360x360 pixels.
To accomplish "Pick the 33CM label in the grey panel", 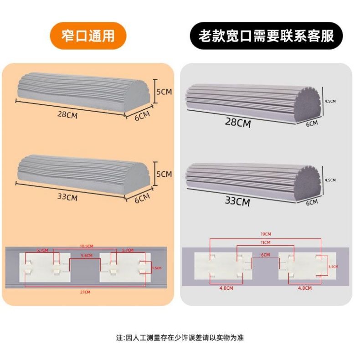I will (x=237, y=201).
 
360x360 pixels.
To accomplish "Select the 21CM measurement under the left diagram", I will (x=85, y=292).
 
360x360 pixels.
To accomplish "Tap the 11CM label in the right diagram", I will (x=266, y=242).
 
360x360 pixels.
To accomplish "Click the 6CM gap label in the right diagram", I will (x=266, y=255).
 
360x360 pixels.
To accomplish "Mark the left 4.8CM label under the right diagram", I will (x=226, y=288).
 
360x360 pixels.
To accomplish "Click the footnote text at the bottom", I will (x=180, y=338).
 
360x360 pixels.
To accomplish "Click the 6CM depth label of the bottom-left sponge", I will (x=142, y=197).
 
